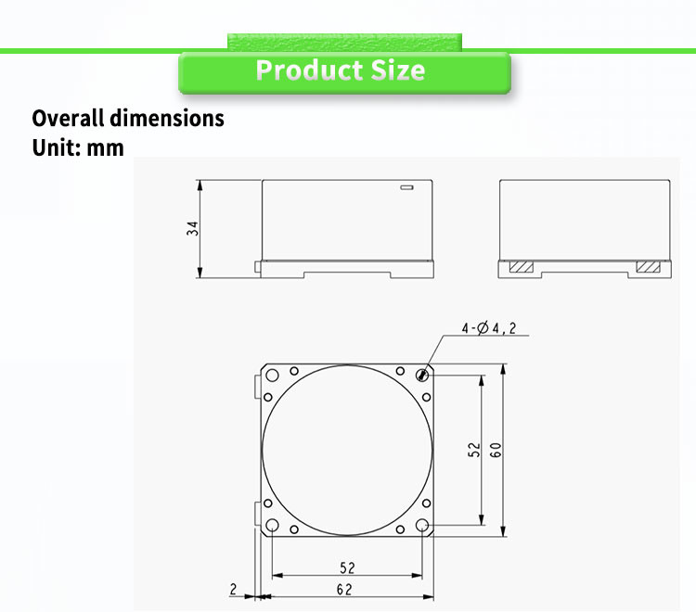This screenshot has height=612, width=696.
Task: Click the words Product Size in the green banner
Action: tap(341, 70)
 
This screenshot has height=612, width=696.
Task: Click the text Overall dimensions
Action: tap(128, 119)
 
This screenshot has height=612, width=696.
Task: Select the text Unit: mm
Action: tap(78, 147)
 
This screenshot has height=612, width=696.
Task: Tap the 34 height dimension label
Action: tap(192, 228)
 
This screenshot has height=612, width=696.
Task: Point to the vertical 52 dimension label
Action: tap(473, 450)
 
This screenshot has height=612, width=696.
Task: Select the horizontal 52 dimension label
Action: tap(347, 567)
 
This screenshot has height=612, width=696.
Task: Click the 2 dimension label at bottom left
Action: tap(233, 588)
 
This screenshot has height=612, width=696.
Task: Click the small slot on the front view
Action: tap(406, 188)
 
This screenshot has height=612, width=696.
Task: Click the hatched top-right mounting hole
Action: tap(423, 376)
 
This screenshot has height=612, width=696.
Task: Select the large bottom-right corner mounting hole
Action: tap(423, 526)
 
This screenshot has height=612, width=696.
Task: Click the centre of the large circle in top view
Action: tap(347, 450)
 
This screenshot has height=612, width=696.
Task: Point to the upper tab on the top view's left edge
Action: tap(257, 388)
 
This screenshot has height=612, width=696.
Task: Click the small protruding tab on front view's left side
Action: tap(257, 268)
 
